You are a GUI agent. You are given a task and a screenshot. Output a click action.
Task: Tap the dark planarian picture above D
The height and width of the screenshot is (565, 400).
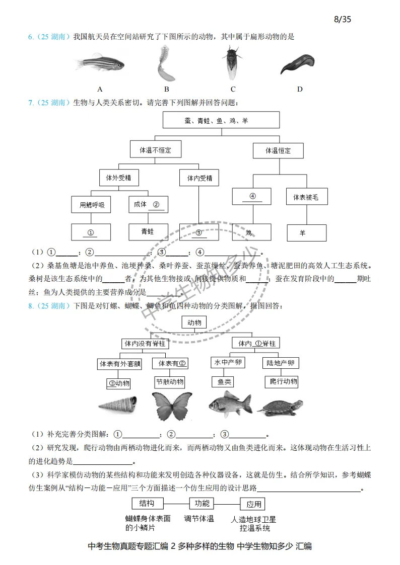[x=298, y=64]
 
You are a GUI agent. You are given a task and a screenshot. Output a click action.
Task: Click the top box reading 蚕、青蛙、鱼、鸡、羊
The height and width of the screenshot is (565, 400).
[x=221, y=121]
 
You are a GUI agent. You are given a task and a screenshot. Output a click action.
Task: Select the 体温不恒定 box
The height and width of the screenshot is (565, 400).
[x=156, y=150]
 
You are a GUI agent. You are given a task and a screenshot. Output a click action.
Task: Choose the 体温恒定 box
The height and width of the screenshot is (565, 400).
[x=278, y=150]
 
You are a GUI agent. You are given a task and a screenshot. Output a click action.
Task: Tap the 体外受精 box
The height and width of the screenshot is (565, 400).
[x=119, y=178]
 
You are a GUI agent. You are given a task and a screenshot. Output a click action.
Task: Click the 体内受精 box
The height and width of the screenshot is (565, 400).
[x=199, y=178]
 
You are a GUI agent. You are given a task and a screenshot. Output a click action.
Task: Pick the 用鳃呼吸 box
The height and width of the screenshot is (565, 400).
[x=91, y=204]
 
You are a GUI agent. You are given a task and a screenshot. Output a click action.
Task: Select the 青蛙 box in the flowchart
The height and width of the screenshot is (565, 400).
[x=148, y=231]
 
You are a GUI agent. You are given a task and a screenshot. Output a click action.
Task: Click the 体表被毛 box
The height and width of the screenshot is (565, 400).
[x=306, y=197]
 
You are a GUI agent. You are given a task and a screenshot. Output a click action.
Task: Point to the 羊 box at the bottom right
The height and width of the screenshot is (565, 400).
[x=306, y=233]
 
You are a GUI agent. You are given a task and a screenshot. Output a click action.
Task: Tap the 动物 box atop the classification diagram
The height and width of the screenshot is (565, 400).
[x=194, y=322]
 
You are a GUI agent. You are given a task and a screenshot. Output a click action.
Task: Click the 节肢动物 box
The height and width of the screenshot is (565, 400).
[x=170, y=382]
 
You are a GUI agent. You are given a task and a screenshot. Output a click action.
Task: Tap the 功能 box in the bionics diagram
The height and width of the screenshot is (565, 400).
[x=202, y=504]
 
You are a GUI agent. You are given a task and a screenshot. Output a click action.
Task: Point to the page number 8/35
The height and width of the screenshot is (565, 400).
[x=342, y=20]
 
